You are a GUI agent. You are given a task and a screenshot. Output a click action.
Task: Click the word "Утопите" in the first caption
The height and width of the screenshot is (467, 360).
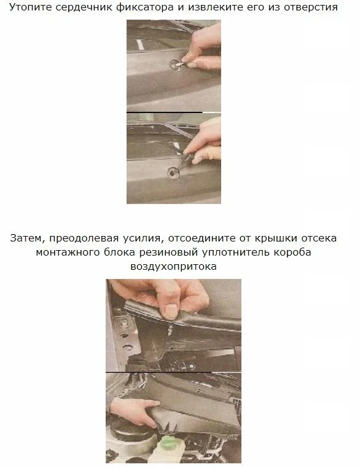coord(30,7)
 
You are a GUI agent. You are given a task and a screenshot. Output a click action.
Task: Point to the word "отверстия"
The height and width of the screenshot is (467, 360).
coord(311,7)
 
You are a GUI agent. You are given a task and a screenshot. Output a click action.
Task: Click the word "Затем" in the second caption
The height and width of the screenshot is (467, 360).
coord(28,238)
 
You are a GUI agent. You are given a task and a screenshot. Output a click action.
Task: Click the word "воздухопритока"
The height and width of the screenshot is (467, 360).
coord(173,266)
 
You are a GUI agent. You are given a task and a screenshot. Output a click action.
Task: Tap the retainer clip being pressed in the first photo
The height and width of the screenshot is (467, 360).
coord(174,65)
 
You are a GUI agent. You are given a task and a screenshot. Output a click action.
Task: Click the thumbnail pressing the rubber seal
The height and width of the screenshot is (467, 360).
coord(171,311)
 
